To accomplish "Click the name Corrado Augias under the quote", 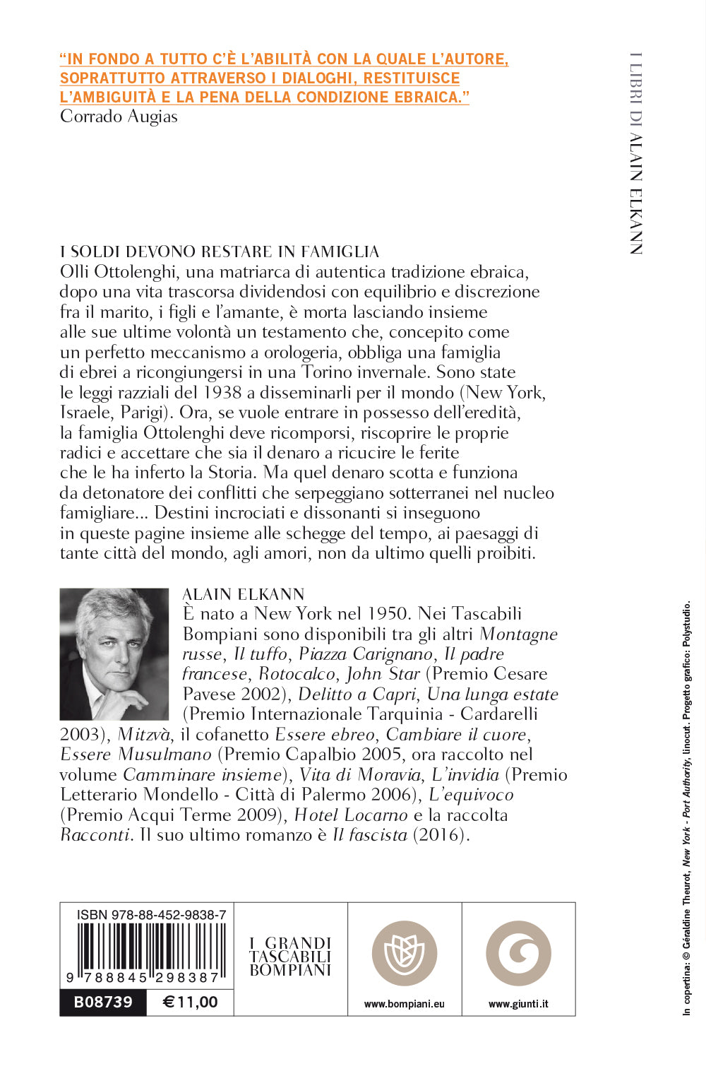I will click(x=119, y=117).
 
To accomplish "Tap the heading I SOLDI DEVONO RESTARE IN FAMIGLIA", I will click(x=220, y=252).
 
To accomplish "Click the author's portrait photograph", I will click(x=114, y=654).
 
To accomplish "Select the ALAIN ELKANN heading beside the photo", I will click(x=244, y=594).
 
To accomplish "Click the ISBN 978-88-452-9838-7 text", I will click(x=151, y=915).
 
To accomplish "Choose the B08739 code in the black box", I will click(x=103, y=1003).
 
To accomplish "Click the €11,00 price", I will click(x=190, y=1003).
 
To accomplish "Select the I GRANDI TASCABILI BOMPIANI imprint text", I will click(x=290, y=957).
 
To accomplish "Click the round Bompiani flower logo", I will click(x=405, y=954).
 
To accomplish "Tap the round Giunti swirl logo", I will click(x=519, y=954).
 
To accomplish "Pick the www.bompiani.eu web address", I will click(x=405, y=1004).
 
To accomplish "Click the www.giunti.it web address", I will click(x=519, y=1004).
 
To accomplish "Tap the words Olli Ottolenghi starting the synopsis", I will click(x=119, y=272).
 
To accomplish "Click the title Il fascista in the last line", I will click(x=370, y=835).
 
